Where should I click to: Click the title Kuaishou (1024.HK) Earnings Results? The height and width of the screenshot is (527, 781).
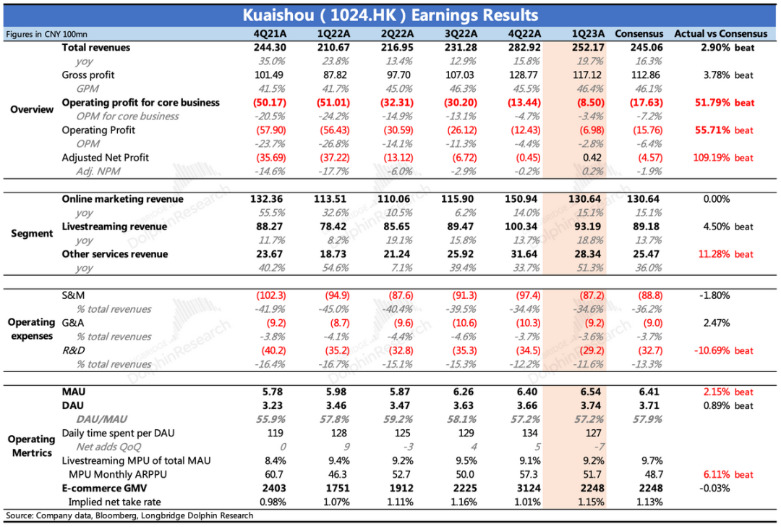coord(390,14)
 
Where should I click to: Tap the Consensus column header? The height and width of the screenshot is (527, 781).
coord(639,33)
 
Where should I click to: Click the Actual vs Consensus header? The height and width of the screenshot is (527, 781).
coord(720,33)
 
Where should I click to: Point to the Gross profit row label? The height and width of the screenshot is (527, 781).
coord(88,75)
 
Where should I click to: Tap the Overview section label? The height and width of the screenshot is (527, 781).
coord(32,109)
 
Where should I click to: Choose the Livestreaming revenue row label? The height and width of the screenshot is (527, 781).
coord(114,227)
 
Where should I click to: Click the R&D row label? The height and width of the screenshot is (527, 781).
coord(73,350)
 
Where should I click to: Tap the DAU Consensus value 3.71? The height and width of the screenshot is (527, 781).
coord(639,405)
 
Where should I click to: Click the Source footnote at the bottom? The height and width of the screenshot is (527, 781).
coord(130,515)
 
